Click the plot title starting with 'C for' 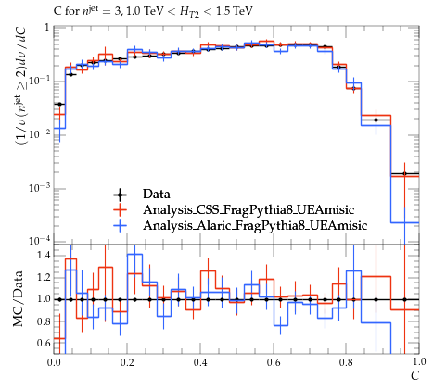(153, 11)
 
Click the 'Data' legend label (157, 194)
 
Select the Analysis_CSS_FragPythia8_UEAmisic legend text (248, 210)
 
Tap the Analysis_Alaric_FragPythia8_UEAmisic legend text (255, 226)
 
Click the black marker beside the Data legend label (121, 195)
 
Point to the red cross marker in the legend (121, 210)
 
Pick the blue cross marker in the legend (121, 226)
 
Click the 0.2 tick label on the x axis (127, 362)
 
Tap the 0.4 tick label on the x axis (200, 362)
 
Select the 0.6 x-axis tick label (274, 362)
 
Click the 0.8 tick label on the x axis (346, 362)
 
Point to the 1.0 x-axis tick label (419, 362)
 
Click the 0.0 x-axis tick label (55, 362)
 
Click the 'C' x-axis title (414, 375)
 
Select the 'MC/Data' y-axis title (19, 299)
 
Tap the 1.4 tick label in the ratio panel (44, 256)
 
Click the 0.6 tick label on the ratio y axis (44, 343)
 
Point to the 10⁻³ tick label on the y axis (40, 187)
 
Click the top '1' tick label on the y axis (47, 28)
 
